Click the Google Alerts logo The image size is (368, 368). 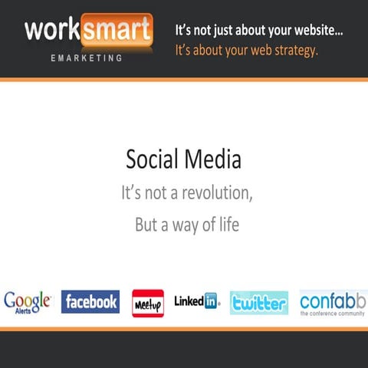click(x=28, y=301)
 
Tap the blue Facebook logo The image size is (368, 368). click(x=90, y=302)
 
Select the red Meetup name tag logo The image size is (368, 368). click(x=147, y=303)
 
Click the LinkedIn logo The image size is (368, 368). click(x=196, y=301)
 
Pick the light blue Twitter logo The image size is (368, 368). click(x=259, y=303)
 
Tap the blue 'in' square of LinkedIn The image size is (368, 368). click(x=211, y=301)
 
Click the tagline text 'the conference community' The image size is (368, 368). click(x=333, y=314)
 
